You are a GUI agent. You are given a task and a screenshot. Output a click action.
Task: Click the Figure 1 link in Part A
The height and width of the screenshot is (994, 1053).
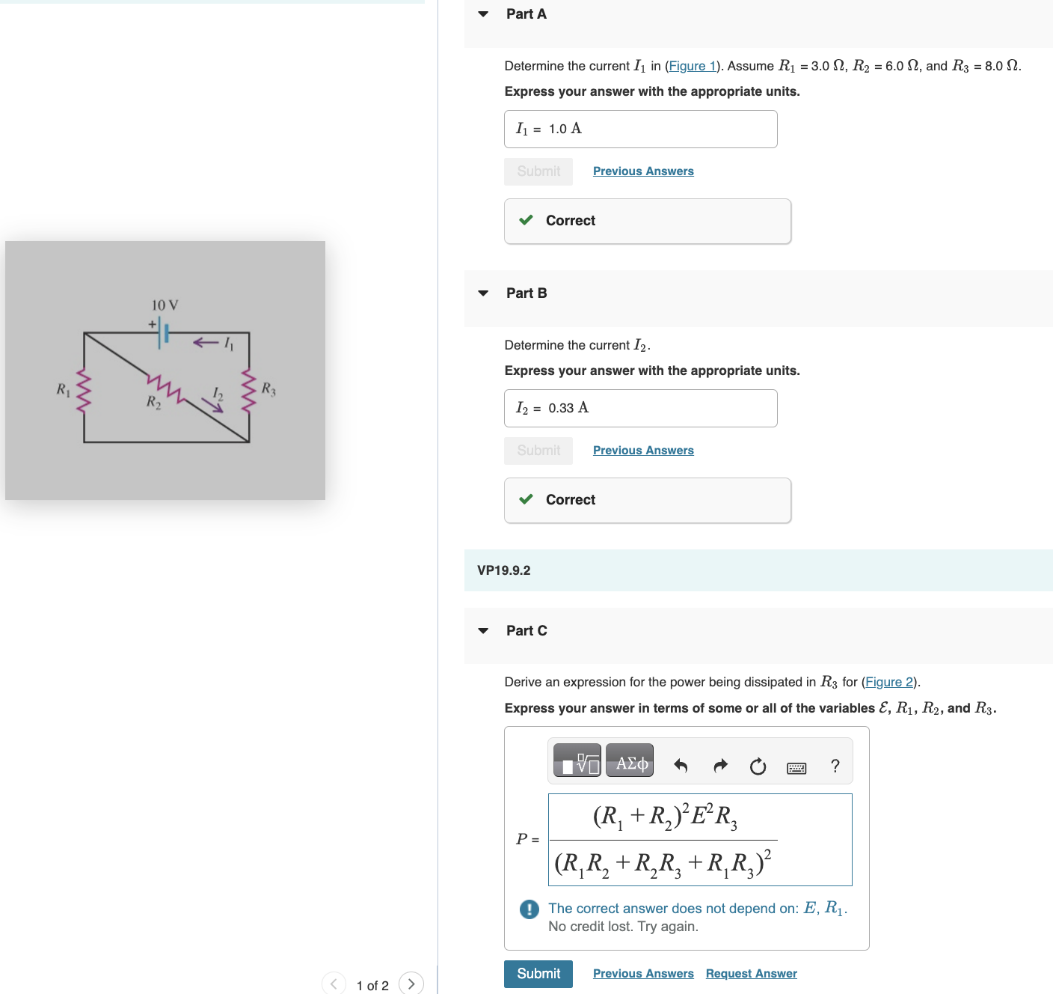click(692, 66)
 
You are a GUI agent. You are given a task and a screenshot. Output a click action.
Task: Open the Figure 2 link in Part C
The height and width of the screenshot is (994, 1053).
click(888, 682)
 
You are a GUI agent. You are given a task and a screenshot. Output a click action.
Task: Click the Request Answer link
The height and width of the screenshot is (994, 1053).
click(751, 973)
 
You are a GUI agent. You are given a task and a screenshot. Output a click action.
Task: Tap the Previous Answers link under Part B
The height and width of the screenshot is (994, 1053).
click(643, 450)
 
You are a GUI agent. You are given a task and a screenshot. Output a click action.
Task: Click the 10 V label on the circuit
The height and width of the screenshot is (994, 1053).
click(165, 305)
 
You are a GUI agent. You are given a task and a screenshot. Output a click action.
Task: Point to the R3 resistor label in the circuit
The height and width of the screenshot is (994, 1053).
click(268, 388)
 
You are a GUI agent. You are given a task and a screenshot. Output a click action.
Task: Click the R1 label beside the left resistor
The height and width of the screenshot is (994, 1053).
click(64, 389)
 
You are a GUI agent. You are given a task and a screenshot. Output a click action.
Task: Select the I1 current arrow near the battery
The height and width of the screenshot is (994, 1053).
click(206, 343)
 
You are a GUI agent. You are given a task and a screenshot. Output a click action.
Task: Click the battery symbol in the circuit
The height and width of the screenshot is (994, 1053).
click(162, 332)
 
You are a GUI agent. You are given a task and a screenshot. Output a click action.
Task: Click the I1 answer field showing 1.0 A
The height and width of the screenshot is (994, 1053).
click(640, 129)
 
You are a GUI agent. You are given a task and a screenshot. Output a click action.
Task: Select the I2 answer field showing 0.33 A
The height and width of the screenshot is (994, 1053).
click(640, 408)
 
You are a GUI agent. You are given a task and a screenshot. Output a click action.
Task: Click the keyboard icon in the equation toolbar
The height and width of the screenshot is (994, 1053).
click(796, 767)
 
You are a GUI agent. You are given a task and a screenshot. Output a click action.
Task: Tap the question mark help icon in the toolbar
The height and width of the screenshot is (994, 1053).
click(835, 766)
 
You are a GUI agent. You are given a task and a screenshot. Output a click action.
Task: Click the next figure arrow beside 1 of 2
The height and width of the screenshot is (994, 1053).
click(411, 984)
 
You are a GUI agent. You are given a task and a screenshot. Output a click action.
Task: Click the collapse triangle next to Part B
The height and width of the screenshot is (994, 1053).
click(483, 293)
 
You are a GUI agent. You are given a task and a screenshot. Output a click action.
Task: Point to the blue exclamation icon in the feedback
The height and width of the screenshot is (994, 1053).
click(529, 909)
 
